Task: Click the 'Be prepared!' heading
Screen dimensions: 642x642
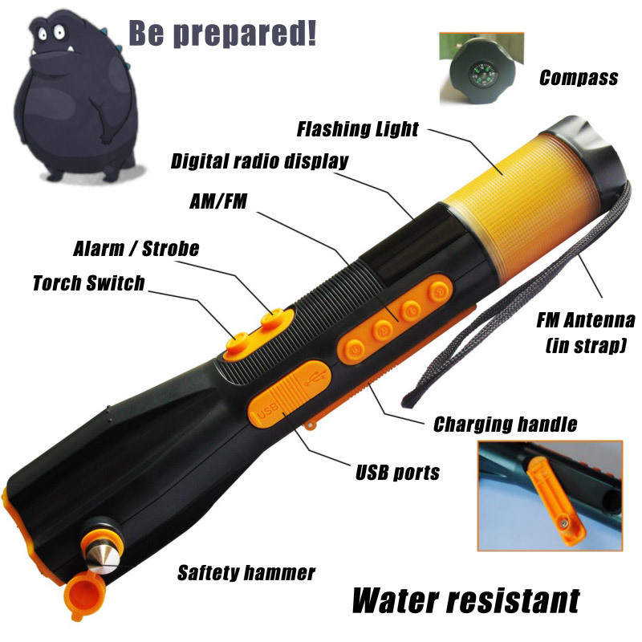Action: pos(223,33)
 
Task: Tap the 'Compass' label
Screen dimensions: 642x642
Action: pos(579,78)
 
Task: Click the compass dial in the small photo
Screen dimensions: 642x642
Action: pos(483,75)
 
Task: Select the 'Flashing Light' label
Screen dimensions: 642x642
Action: pos(357,129)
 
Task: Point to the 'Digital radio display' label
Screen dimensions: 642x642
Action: pos(259,161)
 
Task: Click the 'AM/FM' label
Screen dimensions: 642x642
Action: pos(218,201)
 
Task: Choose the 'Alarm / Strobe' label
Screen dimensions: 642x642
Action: pos(136,249)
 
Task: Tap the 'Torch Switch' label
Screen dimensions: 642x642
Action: pos(89,283)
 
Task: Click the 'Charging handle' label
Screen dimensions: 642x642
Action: pos(506,425)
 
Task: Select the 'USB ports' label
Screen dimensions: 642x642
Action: pos(397,473)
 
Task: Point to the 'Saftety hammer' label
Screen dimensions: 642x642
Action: pos(246,572)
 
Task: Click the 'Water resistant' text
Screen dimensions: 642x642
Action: pos(466,599)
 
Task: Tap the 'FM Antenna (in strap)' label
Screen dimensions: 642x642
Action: pos(586,332)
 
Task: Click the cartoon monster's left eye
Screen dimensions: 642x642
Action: pos(43,33)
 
